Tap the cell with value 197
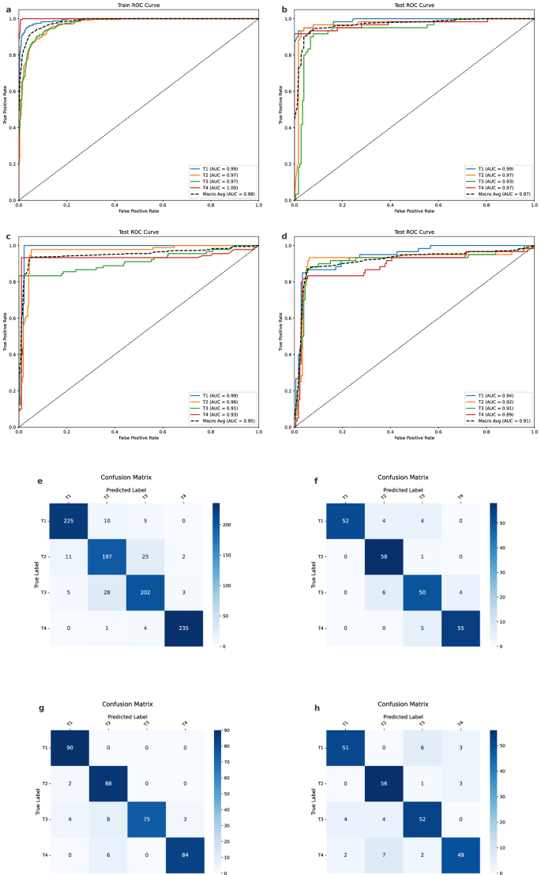coord(107,556)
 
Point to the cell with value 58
coord(381,556)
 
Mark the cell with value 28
coord(107,593)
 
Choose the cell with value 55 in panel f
coord(458,628)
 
